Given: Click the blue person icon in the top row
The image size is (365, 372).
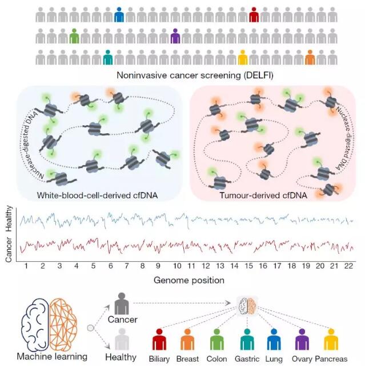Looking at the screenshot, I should pos(119,14).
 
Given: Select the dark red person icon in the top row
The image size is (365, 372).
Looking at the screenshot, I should pos(254,14).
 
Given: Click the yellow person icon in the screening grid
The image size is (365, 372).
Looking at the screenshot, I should pos(242,57).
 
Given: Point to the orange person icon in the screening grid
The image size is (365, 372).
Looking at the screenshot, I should pos(310,57).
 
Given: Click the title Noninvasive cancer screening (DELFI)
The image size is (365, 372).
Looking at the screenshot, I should pos(182,75).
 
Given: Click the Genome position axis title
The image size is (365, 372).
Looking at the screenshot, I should pos(188,280).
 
